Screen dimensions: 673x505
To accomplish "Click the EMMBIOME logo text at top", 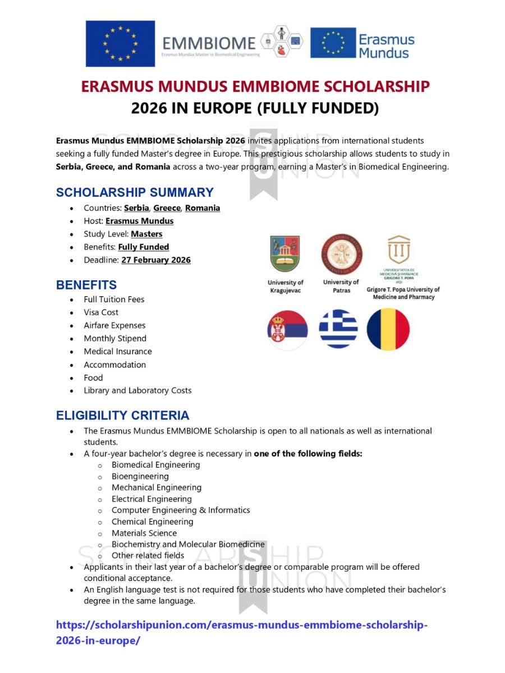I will (208, 42).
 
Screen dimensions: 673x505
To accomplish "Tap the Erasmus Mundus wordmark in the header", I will (386, 46).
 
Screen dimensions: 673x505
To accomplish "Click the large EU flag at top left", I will (120, 43).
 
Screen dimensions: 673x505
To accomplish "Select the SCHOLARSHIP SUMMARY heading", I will (135, 192).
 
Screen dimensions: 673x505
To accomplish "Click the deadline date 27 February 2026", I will (155, 260).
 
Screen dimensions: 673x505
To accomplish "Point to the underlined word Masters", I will (146, 234).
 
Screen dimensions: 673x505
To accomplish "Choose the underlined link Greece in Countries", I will (167, 208).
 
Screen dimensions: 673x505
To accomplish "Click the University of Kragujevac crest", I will (285, 253).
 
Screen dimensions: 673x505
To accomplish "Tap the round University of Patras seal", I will (341, 254).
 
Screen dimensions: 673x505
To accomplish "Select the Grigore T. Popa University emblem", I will (399, 250).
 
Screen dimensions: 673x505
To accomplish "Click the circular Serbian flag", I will (287, 329).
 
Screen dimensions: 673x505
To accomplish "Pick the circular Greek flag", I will (338, 329).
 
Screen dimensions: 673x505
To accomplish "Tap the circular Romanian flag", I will (388, 329).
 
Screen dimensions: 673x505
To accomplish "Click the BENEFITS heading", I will (86, 284).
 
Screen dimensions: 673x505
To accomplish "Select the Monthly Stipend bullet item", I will (115, 338).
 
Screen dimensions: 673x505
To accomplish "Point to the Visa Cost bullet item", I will (101, 312).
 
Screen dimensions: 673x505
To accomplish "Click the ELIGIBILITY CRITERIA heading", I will (122, 416).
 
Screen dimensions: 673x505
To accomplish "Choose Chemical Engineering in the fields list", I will (152, 522).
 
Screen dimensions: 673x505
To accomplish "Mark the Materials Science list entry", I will (144, 533).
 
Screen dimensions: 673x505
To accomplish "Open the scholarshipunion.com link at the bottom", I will (241, 625).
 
